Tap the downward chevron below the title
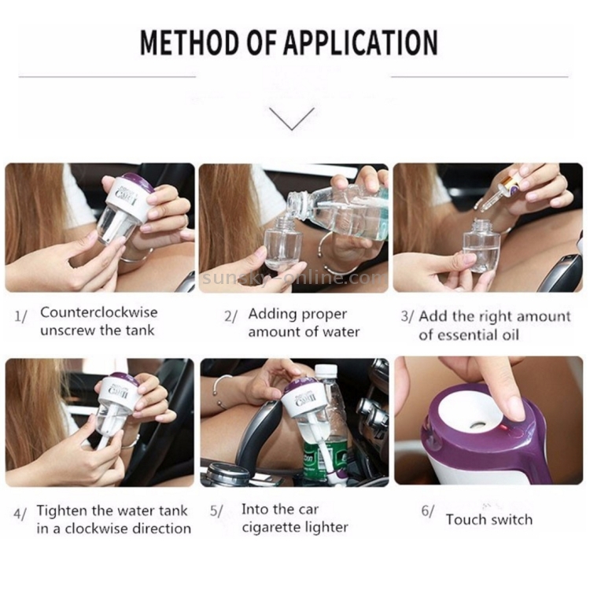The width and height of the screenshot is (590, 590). click(292, 119)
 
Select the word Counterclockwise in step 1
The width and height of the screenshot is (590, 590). click(99, 312)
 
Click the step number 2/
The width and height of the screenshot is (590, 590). click(230, 317)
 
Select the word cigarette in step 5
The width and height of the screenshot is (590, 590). click(270, 528)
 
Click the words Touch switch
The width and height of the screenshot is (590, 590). click(489, 520)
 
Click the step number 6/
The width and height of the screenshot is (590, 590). click(427, 511)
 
